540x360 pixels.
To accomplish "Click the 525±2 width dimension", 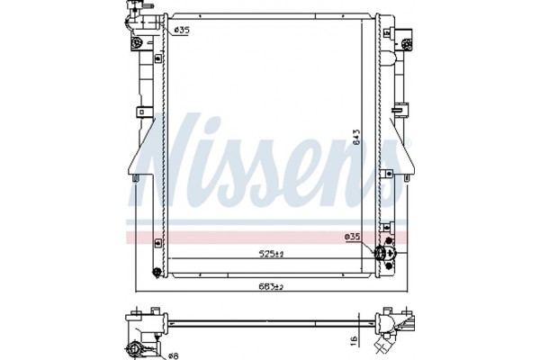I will [265, 255].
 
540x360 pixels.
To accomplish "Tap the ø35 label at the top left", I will [181, 31].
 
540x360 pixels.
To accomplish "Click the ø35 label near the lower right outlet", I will [353, 237].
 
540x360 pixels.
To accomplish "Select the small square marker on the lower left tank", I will [157, 241].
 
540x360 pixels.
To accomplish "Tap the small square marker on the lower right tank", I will [382, 227].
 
